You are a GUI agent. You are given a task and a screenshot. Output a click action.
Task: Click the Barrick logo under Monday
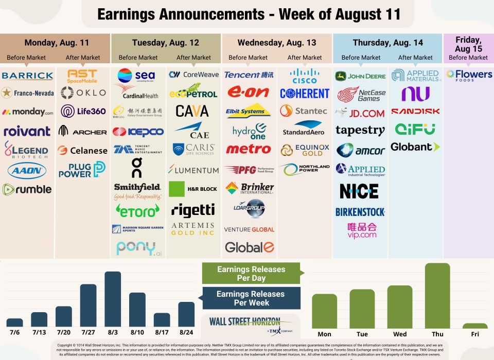(x=27, y=76)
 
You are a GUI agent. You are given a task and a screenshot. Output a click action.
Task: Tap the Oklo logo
(x=83, y=93)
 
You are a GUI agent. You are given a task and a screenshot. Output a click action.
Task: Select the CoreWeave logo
(x=193, y=75)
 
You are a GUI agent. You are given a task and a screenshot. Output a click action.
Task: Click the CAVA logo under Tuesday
(x=192, y=111)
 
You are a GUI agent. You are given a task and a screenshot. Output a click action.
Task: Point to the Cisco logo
(x=304, y=76)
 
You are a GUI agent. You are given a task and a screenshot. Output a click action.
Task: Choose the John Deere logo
(x=360, y=76)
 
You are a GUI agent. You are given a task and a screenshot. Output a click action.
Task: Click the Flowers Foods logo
(x=468, y=76)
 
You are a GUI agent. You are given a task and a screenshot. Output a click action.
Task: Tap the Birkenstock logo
(x=360, y=212)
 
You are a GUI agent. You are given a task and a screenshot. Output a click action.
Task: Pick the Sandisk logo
(x=415, y=111)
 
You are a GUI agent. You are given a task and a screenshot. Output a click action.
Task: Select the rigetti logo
(x=193, y=209)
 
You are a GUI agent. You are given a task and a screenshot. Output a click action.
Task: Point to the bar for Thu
(x=437, y=296)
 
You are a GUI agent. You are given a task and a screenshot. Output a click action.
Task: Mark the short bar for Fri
(x=475, y=326)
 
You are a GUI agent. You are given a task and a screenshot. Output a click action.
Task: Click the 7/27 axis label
(x=88, y=333)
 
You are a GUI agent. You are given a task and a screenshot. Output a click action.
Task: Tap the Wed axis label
(x=400, y=334)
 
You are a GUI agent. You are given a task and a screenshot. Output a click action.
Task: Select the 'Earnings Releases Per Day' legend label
(x=251, y=274)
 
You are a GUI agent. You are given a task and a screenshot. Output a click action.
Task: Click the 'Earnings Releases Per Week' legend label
(x=251, y=298)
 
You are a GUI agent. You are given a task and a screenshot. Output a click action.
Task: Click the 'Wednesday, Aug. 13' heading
(x=277, y=42)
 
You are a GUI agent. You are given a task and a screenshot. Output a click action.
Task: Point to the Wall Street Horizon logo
(x=251, y=325)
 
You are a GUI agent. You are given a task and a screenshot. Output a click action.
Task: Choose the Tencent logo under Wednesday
(x=249, y=75)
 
